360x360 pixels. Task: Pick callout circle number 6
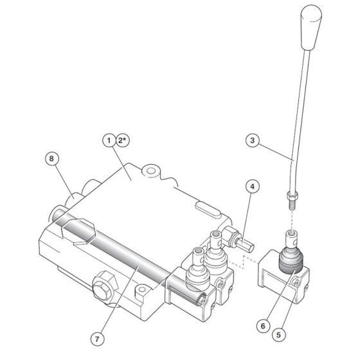tap(262, 326)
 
